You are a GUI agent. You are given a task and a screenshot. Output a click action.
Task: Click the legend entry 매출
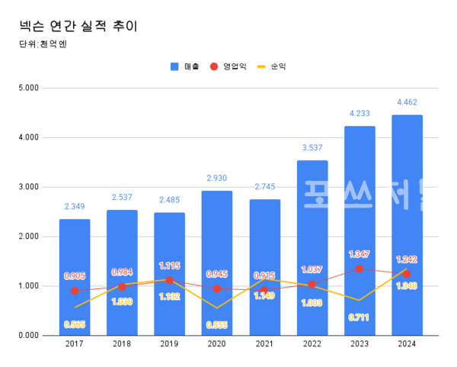186,66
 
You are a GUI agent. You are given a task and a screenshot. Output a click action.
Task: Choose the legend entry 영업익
229,66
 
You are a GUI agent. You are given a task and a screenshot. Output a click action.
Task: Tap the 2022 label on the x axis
312,346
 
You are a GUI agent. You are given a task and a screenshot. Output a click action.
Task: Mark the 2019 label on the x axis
169,346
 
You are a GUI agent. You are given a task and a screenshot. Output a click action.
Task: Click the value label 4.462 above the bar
407,102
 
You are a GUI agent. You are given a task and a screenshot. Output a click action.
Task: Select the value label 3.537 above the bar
312,147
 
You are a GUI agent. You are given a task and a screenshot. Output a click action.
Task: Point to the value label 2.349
75,206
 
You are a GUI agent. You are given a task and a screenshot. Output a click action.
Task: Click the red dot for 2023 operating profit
360,269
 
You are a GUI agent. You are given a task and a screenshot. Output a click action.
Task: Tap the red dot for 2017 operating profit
75,291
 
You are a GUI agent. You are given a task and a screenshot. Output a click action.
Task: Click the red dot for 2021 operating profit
264,290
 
